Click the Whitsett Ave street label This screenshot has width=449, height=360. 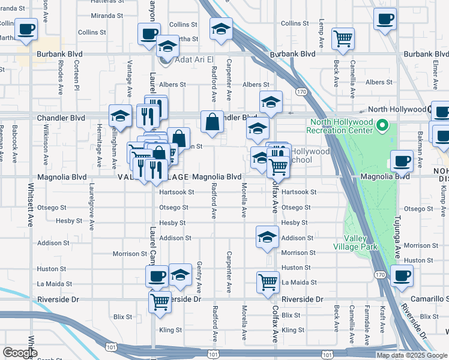pyautogui.click(x=31, y=205)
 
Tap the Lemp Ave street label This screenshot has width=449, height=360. pyautogui.click(x=322, y=40)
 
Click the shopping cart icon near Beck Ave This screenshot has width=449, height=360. pyautogui.click(x=343, y=38)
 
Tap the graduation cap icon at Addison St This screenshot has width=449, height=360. pyautogui.click(x=267, y=236)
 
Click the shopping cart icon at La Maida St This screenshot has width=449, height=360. pyautogui.click(x=268, y=282)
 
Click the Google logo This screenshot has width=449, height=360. pyautogui.click(x=20, y=353)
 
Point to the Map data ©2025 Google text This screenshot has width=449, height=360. pyautogui.click(x=412, y=355)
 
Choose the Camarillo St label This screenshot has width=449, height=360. pyautogui.click(x=429, y=299)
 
